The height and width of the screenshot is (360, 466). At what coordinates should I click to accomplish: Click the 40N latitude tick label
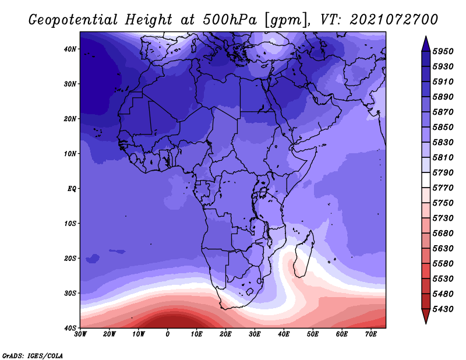(x=70, y=49)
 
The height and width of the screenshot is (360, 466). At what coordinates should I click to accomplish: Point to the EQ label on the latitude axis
(x=72, y=189)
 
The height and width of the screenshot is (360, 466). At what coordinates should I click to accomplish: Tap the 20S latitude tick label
(x=70, y=258)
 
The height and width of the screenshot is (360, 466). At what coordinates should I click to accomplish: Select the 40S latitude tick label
(x=70, y=328)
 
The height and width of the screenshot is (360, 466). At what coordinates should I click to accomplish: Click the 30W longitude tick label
(x=80, y=334)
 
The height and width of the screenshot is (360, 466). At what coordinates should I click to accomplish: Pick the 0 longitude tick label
(x=168, y=334)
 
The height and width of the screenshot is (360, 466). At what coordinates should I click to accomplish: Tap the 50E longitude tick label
(x=313, y=334)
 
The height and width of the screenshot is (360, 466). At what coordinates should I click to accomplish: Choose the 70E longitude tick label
(x=371, y=334)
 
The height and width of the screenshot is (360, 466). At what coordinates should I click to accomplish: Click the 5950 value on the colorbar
(x=443, y=51)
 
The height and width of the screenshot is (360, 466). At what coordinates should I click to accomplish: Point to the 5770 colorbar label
(x=443, y=188)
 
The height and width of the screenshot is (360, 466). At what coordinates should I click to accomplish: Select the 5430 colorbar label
(x=443, y=309)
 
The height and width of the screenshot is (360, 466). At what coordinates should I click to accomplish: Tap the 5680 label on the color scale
(x=443, y=234)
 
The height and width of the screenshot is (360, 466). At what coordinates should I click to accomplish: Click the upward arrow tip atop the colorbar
(x=426, y=36)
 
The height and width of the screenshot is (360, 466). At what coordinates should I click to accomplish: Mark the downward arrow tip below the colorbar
(x=426, y=324)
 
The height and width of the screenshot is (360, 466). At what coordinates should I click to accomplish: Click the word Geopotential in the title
(x=73, y=20)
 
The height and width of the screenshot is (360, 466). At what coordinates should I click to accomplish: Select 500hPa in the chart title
(x=230, y=20)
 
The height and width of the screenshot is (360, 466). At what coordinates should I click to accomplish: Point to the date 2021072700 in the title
(x=394, y=20)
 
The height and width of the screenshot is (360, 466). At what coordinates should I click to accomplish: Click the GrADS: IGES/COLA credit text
(x=33, y=356)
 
